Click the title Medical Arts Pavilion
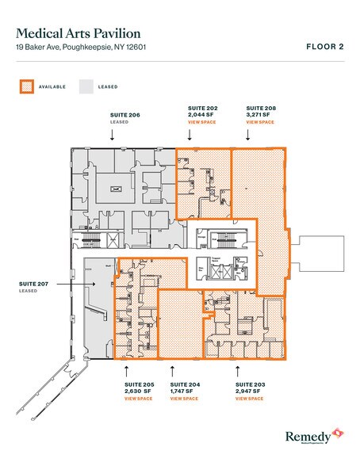[79, 33]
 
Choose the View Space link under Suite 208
[261, 123]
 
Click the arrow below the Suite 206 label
[113, 136]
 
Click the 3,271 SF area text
[260, 114]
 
